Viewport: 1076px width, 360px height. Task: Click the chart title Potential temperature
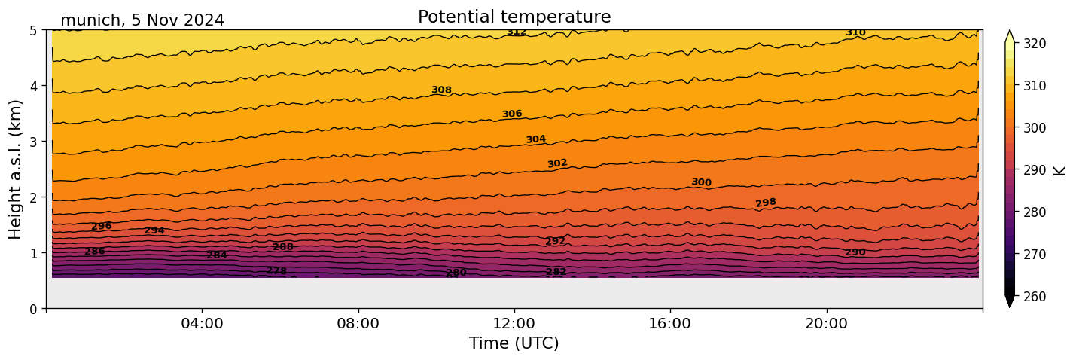point(514,17)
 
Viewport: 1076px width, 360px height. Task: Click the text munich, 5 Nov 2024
point(142,20)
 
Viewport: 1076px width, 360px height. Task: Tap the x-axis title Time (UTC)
point(514,343)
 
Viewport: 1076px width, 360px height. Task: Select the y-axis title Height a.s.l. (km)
point(16,169)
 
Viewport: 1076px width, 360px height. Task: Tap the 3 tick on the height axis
point(34,142)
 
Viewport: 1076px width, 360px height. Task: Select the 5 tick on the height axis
point(34,30)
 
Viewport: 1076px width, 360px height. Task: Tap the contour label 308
point(441,90)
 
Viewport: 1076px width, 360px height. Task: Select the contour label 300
point(701,182)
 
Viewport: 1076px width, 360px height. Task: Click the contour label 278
point(276,270)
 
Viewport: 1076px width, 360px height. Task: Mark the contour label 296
point(101,226)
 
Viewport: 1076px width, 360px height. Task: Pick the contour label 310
point(855,32)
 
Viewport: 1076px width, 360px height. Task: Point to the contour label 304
point(535,139)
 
